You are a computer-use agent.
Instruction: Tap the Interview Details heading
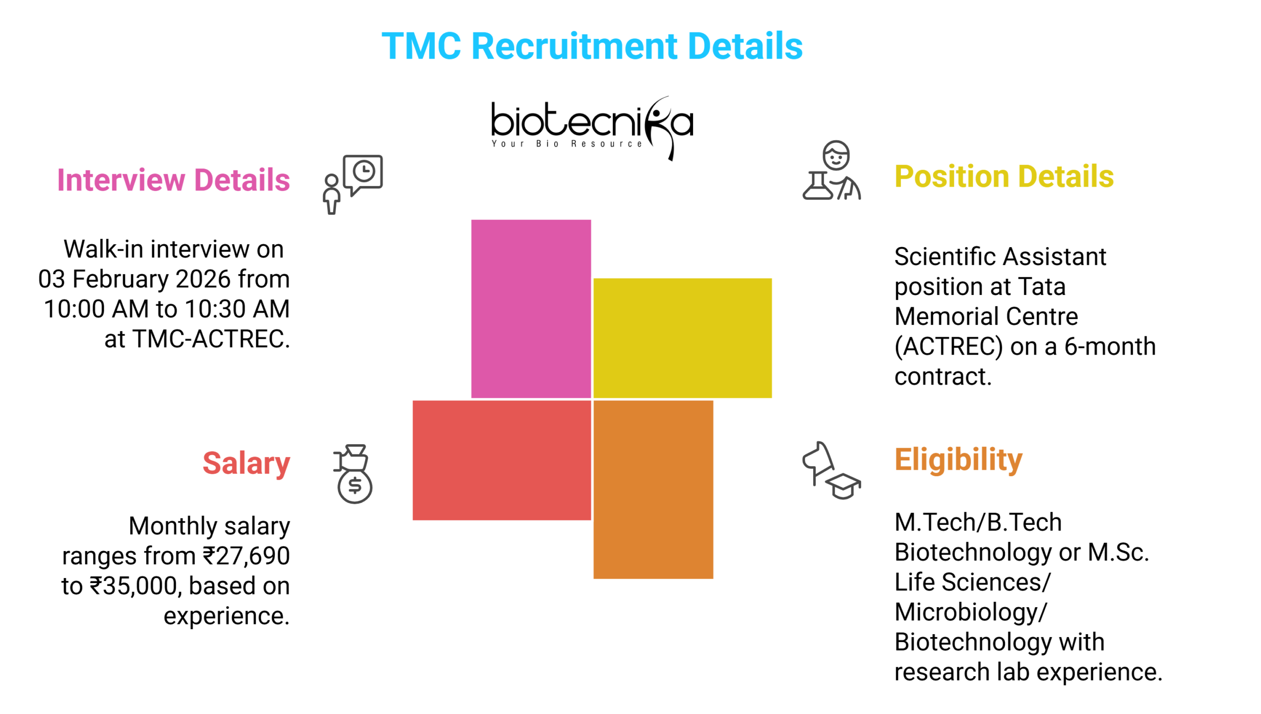[173, 180]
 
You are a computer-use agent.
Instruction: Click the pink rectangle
[531, 308]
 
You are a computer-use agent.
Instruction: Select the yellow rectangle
[682, 338]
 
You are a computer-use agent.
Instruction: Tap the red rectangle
[501, 460]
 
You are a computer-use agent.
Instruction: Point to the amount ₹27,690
[246, 556]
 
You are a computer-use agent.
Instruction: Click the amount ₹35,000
[133, 586]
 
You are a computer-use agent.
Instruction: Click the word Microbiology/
[970, 612]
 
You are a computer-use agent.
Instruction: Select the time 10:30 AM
[237, 309]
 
